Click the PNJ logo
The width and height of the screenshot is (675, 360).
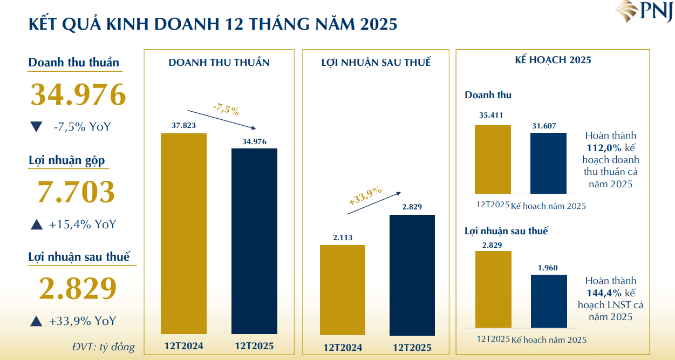click(x=645, y=12)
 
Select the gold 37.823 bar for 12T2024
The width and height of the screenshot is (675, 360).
click(x=183, y=233)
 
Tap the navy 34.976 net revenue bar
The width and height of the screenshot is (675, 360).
click(x=254, y=241)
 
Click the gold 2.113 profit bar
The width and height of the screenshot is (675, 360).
click(x=342, y=290)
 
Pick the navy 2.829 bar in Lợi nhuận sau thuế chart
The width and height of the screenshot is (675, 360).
click(x=412, y=275)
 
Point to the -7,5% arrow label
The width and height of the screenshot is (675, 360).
click(x=226, y=110)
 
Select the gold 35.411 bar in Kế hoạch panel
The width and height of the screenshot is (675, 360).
click(x=493, y=159)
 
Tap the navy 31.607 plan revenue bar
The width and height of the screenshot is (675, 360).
click(x=548, y=163)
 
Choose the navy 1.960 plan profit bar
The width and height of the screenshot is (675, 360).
click(x=549, y=301)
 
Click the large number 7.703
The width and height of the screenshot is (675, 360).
click(x=76, y=192)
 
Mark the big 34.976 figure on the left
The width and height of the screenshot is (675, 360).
click(x=78, y=94)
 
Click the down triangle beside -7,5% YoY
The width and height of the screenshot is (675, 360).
click(x=36, y=127)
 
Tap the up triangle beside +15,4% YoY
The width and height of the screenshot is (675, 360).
click(x=36, y=225)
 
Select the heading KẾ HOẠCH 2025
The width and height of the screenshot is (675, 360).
click(x=553, y=60)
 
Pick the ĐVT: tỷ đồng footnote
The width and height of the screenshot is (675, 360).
click(x=103, y=347)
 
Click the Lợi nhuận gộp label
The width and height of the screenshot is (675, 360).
click(x=66, y=160)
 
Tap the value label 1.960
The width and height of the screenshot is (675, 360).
click(x=548, y=268)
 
